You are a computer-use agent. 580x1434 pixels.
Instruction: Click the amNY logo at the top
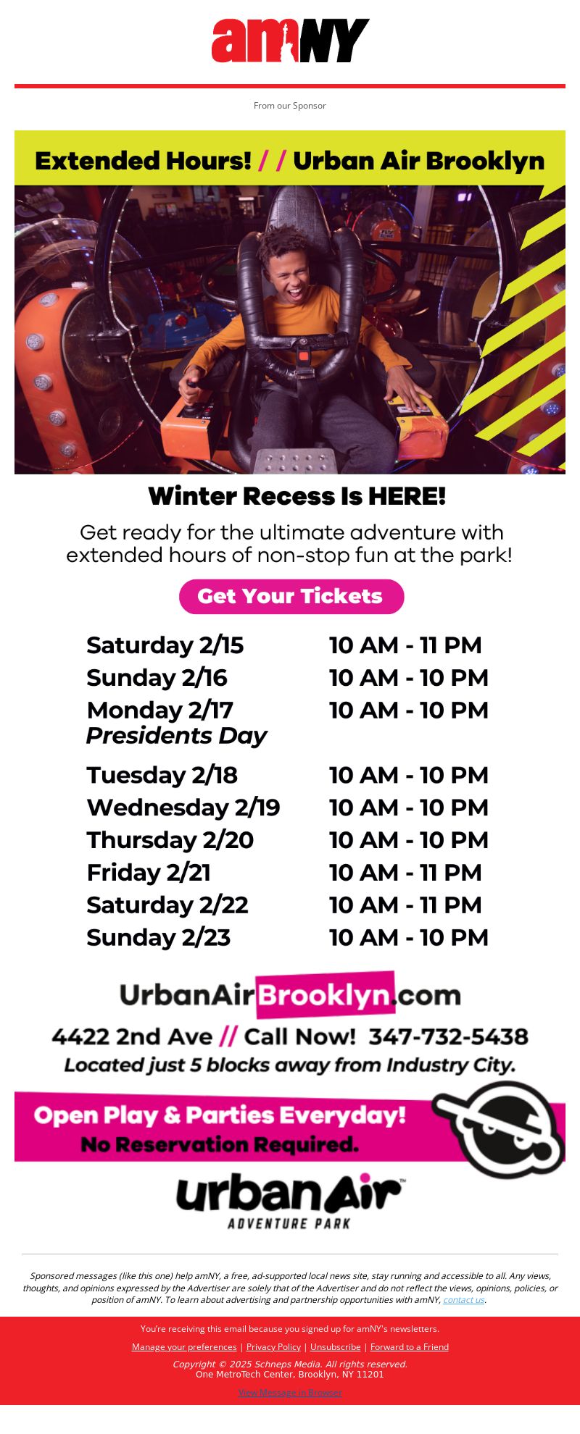(290, 41)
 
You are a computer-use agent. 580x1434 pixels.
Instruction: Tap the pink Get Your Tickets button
(291, 596)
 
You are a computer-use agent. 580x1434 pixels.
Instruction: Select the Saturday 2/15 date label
(165, 645)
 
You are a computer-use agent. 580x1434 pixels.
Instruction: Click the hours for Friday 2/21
(405, 872)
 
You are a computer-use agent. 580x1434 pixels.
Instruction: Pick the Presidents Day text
(177, 736)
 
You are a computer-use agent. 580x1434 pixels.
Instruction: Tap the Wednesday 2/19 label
(183, 808)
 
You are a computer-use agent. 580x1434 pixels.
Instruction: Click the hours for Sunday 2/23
(409, 937)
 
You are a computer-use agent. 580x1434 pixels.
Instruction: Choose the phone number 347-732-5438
(449, 1036)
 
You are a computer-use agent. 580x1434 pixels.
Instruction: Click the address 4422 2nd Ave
(132, 1036)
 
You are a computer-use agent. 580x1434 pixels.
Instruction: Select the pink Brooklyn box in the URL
(326, 995)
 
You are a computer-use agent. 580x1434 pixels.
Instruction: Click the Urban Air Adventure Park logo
(290, 1202)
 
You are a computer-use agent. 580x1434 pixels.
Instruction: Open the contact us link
(464, 1299)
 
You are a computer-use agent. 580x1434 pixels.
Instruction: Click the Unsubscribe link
(335, 1346)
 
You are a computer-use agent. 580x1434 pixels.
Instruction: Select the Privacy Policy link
(273, 1346)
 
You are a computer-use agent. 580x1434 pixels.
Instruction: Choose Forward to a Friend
(410, 1346)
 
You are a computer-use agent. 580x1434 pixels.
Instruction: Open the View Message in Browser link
(290, 1392)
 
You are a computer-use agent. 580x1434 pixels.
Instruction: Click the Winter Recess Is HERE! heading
(297, 497)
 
